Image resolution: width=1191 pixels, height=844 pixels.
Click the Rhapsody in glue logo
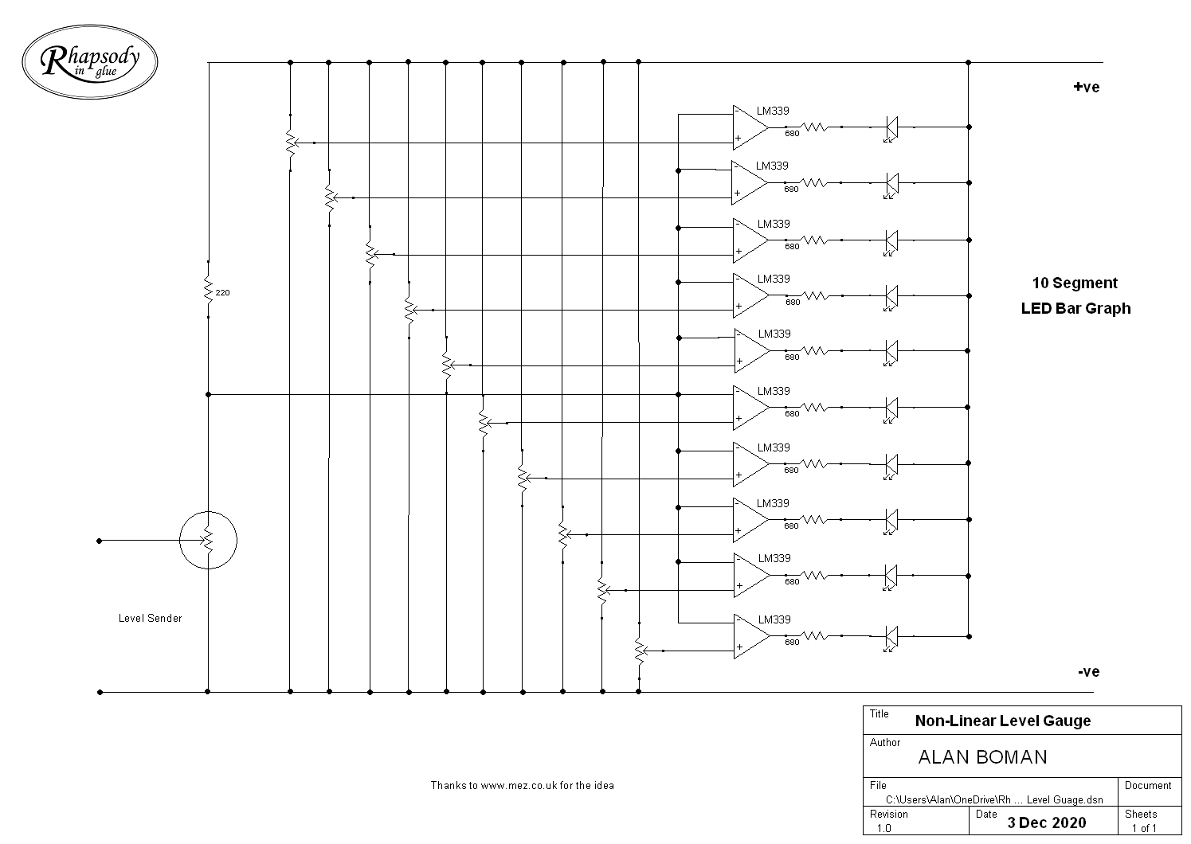click(x=90, y=61)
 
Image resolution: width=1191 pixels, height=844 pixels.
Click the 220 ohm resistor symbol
click(x=208, y=290)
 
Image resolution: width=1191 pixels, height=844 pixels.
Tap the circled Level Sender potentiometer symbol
click(x=208, y=541)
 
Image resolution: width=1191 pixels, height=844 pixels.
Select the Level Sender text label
click(x=150, y=618)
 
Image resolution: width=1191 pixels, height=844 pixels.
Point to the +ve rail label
click(x=1087, y=87)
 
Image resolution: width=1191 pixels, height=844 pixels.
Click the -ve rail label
click(x=1088, y=672)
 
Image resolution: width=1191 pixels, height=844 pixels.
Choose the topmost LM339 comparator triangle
click(x=750, y=127)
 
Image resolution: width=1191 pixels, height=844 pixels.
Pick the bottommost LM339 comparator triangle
click(x=752, y=636)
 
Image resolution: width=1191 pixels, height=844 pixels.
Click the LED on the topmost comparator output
click(x=891, y=128)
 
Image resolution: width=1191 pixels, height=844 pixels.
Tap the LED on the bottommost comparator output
click(x=891, y=638)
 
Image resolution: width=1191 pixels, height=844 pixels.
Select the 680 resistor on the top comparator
click(x=813, y=127)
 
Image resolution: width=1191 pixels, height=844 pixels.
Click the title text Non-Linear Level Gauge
click(x=1003, y=721)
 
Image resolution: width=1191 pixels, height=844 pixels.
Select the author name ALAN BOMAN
click(x=982, y=757)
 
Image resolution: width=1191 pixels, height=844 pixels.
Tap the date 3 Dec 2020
click(x=1046, y=823)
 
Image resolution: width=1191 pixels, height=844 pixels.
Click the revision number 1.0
click(x=883, y=829)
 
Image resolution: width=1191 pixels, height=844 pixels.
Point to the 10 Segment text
click(x=1075, y=283)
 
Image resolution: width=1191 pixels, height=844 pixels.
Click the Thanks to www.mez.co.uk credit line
click(x=522, y=786)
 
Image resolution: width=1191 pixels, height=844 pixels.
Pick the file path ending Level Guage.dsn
click(x=994, y=800)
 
